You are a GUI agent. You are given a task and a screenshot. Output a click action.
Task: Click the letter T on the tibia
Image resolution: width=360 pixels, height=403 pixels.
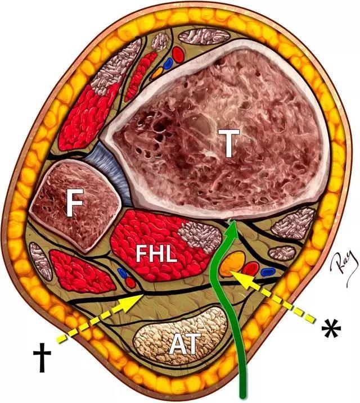click(228, 145)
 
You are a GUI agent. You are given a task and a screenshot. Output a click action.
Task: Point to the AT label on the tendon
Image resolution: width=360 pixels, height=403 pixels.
click(186, 343)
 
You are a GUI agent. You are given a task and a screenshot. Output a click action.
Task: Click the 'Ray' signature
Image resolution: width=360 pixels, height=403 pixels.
click(335, 256)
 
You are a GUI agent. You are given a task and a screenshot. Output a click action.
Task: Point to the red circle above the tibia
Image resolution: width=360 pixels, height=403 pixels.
click(177, 54)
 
